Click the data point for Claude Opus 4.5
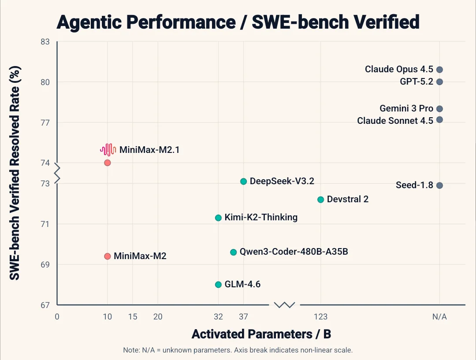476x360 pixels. tap(439, 70)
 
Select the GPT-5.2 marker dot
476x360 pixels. tap(439, 82)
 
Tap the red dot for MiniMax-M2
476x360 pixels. tap(107, 256)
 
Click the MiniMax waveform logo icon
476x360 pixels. tap(108, 150)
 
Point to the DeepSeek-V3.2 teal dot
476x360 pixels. tap(243, 181)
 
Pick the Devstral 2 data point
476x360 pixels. tap(320, 199)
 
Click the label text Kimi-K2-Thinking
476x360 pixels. tap(261, 217)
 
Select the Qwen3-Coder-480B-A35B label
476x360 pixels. tap(294, 252)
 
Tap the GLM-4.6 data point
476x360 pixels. tap(218, 284)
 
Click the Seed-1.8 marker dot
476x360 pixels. tap(439, 185)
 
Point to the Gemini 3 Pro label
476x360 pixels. tap(406, 108)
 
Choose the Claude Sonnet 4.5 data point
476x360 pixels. tap(439, 119)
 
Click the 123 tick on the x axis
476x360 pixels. tap(320, 317)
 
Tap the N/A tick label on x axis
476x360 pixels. tap(439, 317)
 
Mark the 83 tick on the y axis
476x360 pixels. tap(45, 42)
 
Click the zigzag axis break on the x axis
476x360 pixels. tap(285, 304)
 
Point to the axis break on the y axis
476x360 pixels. tap(57, 173)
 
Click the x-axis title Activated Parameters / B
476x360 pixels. tap(261, 334)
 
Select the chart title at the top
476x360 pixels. tap(238, 22)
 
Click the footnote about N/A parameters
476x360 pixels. tap(238, 350)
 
